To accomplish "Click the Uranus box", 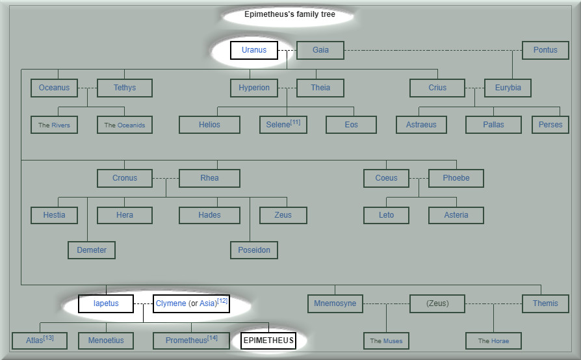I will (253, 51).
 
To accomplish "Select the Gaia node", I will (320, 51).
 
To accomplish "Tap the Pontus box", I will (545, 51).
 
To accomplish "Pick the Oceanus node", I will (54, 88).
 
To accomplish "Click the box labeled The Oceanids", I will (124, 125).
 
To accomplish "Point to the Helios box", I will (209, 125).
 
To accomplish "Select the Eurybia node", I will (508, 88).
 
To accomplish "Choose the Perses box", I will (550, 125).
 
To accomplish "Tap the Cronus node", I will (124, 178).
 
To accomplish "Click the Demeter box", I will (92, 250).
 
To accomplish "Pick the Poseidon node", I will (254, 250).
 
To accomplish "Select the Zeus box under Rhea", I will (283, 215).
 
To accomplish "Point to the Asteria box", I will (456, 215).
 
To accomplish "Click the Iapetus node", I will (106, 303).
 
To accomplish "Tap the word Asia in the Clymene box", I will (207, 303).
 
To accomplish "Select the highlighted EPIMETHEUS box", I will (268, 341).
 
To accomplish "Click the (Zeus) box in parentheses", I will (437, 303).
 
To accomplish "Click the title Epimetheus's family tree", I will (289, 14).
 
